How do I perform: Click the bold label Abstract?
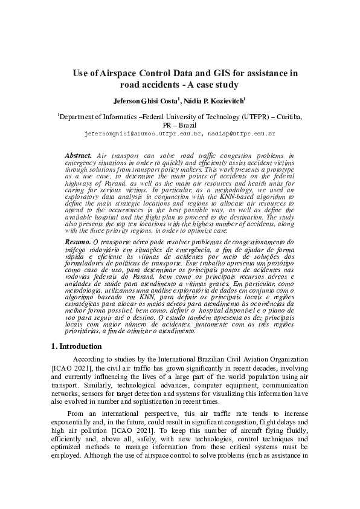point(79,156)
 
